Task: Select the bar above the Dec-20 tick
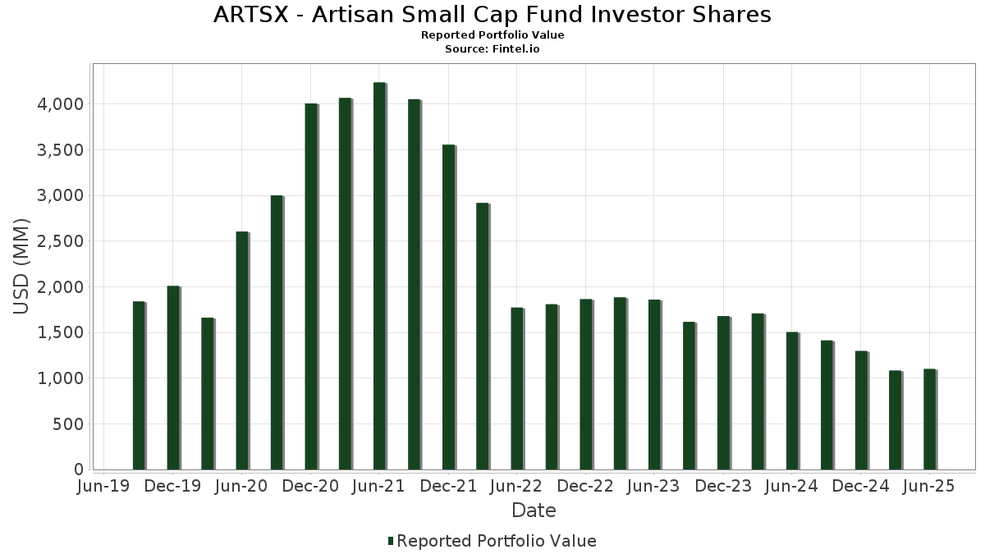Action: [311, 286]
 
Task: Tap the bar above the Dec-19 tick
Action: [173, 378]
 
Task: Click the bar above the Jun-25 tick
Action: [929, 419]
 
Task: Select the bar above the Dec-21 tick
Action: [448, 307]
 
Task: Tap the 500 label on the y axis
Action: [67, 424]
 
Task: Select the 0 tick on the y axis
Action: [78, 469]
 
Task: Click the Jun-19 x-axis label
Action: [104, 487]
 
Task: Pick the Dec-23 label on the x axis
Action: [723, 487]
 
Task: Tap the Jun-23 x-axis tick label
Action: [654, 487]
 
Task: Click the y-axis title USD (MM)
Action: [22, 267]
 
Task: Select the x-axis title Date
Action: [534, 511]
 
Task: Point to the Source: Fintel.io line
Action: [492, 49]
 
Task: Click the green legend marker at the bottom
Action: [391, 541]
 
